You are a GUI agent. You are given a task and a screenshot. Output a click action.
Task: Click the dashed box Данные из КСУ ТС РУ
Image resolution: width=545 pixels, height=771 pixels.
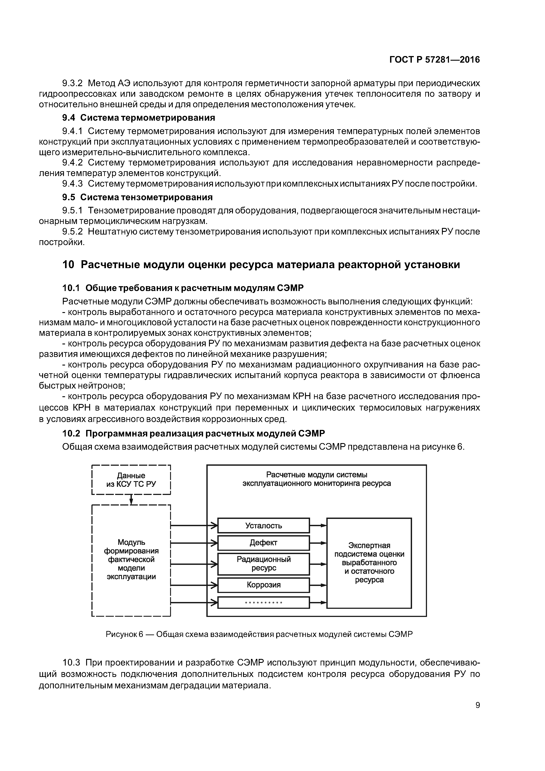coord(131,480)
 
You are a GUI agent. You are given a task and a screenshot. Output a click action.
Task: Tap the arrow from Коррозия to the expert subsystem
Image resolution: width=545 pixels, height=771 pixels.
coord(318,585)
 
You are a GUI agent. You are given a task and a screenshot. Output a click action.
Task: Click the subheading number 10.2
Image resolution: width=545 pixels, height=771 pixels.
coord(71,433)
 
